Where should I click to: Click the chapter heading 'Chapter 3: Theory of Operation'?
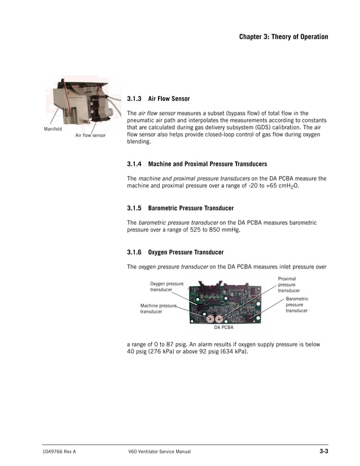point(283,37)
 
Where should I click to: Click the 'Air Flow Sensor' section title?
point(169,99)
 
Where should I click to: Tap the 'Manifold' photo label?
point(53,129)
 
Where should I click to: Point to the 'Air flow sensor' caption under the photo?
point(90,135)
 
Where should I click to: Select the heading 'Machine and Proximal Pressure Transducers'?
point(207,164)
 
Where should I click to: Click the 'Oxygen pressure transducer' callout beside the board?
point(166,287)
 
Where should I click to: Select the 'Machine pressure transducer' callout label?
point(159,308)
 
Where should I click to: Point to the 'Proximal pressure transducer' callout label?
point(289,284)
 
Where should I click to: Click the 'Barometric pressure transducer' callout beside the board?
point(297,305)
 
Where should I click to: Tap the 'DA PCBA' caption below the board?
point(224,327)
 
